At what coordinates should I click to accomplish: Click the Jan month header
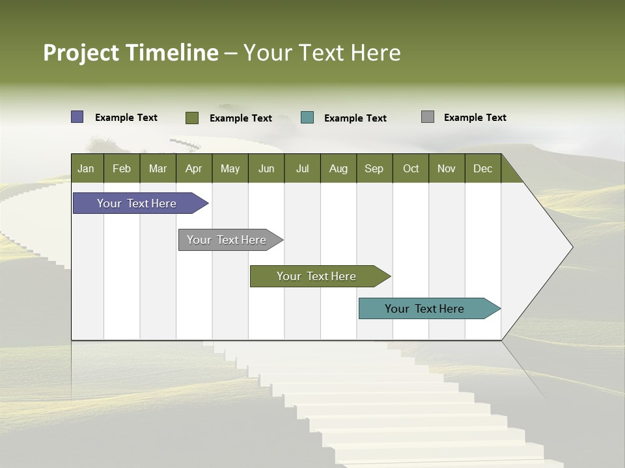pyautogui.click(x=87, y=168)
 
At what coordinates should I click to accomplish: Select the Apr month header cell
pyautogui.click(x=194, y=168)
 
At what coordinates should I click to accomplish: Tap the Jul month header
pyautogui.click(x=302, y=168)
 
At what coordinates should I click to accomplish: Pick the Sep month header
pyautogui.click(x=374, y=168)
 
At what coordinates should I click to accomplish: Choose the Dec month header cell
pyautogui.click(x=482, y=168)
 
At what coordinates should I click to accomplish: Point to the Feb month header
pyautogui.click(x=122, y=168)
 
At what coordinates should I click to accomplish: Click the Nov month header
pyautogui.click(x=447, y=168)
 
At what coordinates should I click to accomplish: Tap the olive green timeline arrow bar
pyautogui.click(x=317, y=276)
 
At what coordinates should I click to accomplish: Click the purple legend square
pyautogui.click(x=77, y=117)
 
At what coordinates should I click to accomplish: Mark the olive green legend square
pyautogui.click(x=192, y=118)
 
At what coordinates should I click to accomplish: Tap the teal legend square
pyautogui.click(x=307, y=118)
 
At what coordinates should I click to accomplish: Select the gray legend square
pyautogui.click(x=428, y=117)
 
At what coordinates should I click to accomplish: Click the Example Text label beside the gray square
pyautogui.click(x=475, y=118)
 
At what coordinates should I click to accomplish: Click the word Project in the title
pyautogui.click(x=81, y=53)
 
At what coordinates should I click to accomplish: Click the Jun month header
pyautogui.click(x=266, y=168)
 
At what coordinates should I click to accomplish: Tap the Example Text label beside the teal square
pyautogui.click(x=355, y=118)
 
